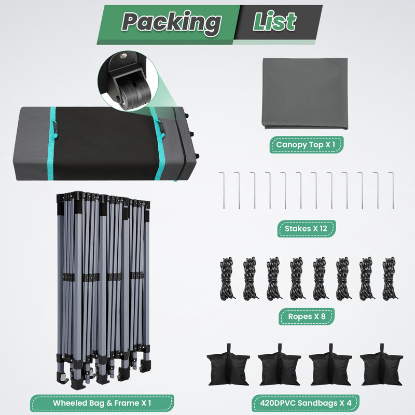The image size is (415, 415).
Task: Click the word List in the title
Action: coord(274,21)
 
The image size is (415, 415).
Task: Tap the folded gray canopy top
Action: coord(305,94)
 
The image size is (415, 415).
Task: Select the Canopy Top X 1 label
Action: coord(306,145)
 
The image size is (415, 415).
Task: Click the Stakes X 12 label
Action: coord(306,228)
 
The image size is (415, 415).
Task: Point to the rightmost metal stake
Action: coord(392,190)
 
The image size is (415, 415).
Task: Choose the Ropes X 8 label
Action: coord(307,316)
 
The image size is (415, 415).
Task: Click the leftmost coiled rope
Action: coord(227,278)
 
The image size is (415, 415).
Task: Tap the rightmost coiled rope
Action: coord(390,278)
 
